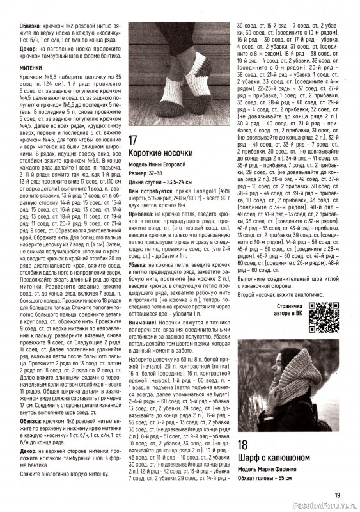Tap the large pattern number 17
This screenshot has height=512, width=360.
pos(134,140)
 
